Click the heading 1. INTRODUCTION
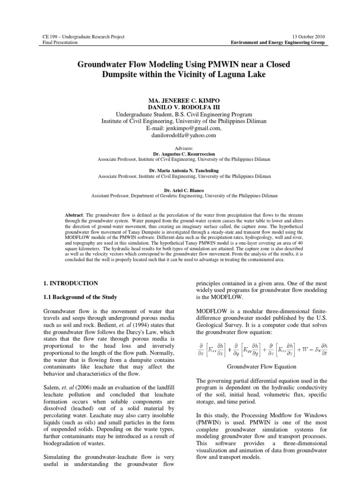pos(71,283)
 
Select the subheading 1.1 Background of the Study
pos(80,298)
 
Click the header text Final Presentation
pos(57,42)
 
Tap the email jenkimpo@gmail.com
pos(191,128)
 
